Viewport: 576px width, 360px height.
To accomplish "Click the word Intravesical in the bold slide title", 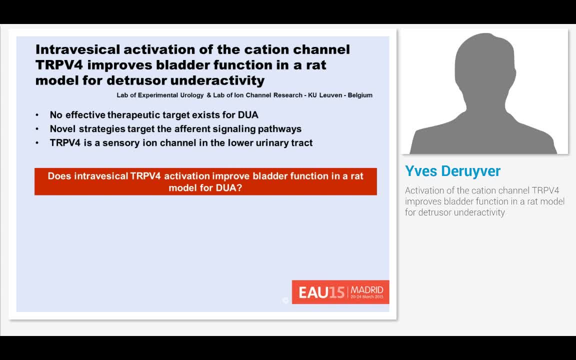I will tap(77, 49).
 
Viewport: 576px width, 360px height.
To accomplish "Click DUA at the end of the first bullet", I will tap(248, 115).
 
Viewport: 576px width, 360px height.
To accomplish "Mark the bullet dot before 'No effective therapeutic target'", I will tap(37, 115).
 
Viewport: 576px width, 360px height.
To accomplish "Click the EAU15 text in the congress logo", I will tap(321, 292).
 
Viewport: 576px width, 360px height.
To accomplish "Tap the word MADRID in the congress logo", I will tap(367, 289).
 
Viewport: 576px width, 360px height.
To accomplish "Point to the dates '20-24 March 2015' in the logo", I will tap(367, 297).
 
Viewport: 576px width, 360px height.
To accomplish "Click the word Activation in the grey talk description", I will tap(425, 190).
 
